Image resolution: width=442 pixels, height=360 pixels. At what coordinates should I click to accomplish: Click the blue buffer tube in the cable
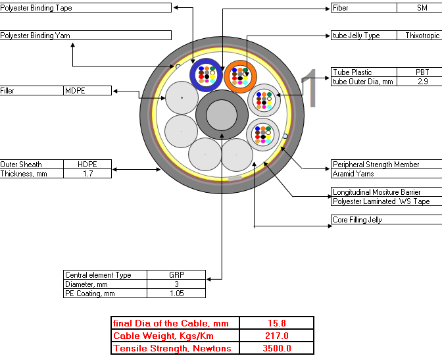[193, 75]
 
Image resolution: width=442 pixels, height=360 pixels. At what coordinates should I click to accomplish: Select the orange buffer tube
[226, 76]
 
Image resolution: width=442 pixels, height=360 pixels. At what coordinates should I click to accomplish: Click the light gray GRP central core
[222, 115]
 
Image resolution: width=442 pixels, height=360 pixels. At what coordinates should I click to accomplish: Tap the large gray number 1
[310, 88]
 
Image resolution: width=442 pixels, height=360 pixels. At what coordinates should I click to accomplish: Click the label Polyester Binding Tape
[36, 8]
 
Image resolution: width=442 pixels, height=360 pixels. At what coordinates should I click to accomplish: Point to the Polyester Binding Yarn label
[35, 36]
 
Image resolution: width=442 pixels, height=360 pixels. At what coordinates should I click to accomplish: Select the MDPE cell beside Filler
[75, 91]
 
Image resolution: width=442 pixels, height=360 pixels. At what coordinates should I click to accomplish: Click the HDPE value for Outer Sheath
[87, 165]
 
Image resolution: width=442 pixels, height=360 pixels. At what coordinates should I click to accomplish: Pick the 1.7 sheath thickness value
[87, 174]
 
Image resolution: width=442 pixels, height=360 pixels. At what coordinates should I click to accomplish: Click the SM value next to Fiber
[422, 8]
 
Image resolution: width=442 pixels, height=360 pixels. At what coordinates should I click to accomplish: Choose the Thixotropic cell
[422, 36]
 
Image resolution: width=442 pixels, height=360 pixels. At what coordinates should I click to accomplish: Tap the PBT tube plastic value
[422, 72]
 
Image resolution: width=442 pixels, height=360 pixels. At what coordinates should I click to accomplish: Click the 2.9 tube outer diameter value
[422, 82]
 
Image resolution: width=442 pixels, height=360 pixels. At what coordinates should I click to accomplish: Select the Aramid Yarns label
[353, 174]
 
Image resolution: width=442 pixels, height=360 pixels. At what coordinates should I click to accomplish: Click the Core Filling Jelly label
[357, 220]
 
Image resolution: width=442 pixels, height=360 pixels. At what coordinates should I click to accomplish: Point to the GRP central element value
[177, 275]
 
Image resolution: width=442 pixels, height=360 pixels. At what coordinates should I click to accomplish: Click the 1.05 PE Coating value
[177, 294]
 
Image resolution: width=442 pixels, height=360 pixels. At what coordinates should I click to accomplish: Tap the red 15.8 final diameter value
[277, 323]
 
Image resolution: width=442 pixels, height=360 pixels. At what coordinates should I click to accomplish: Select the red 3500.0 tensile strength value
[277, 348]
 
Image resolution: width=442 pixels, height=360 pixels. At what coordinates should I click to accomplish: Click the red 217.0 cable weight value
[277, 336]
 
